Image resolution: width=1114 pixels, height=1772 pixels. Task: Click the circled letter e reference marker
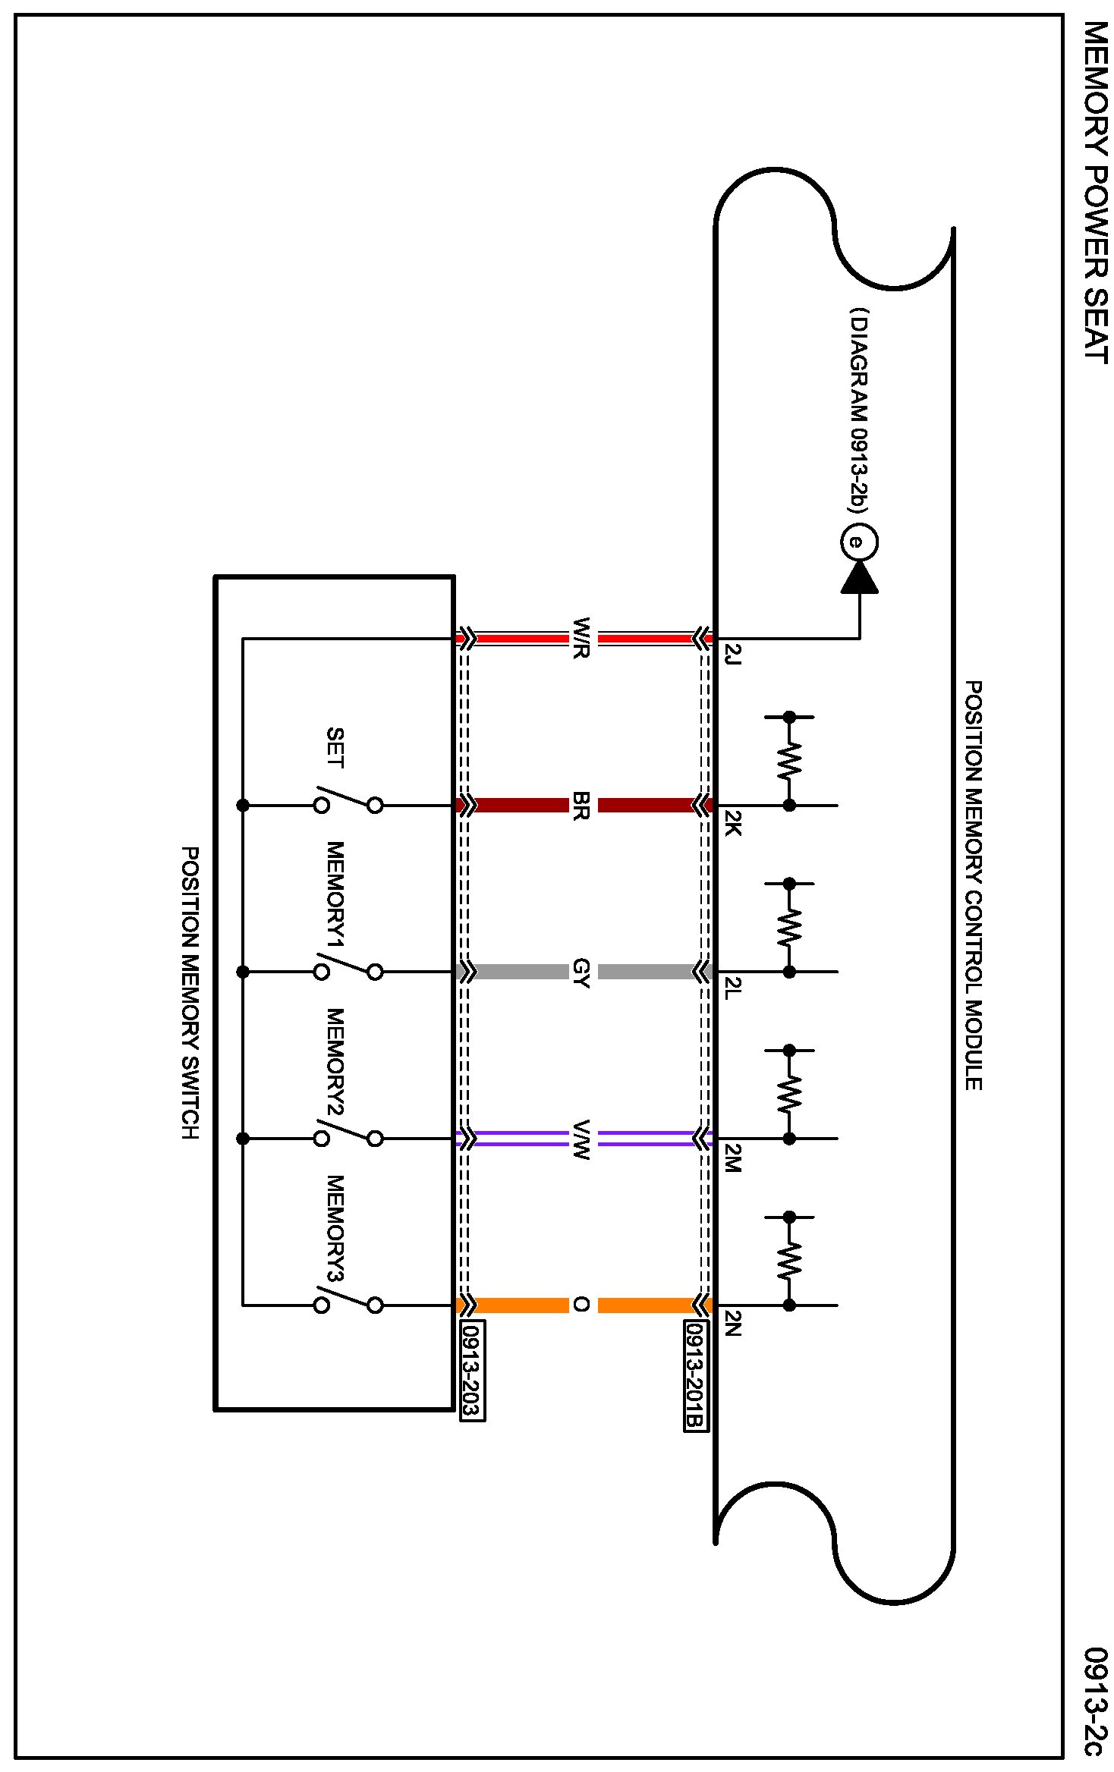coord(859,542)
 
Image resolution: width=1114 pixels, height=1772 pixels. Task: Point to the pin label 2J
coord(732,654)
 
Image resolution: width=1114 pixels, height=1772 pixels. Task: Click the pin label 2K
coord(732,822)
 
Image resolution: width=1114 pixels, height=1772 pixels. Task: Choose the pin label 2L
coord(732,988)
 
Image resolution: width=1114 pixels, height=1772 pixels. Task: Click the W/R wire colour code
coord(582,638)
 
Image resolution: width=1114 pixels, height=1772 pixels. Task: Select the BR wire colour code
coord(582,805)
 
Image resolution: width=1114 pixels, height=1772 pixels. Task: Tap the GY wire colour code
coord(582,972)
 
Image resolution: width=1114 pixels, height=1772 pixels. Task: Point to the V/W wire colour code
coord(582,1139)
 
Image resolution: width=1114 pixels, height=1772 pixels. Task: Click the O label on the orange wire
coord(582,1305)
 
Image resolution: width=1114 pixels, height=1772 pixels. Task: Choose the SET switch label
coord(335,748)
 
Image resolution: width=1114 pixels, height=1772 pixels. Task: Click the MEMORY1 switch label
coord(335,894)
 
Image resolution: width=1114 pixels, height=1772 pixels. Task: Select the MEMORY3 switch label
coord(335,1228)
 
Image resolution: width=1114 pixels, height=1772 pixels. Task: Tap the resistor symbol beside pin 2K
coord(789,761)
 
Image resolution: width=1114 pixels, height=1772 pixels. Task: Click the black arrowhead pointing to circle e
coord(859,578)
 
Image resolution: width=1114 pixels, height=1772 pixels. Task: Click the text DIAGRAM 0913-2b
coord(859,410)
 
